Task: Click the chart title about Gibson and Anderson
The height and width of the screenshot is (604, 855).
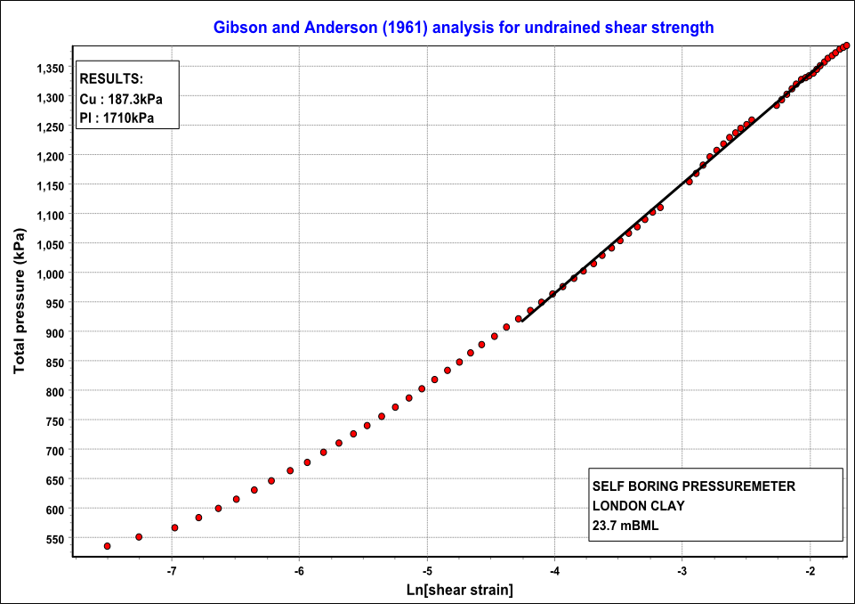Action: (x=464, y=27)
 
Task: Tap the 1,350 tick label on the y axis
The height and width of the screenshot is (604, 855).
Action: (x=49, y=68)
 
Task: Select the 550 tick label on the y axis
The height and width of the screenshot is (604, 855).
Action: (x=55, y=539)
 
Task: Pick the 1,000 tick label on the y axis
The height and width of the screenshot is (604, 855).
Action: (x=49, y=273)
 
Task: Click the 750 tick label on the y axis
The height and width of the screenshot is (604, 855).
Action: (x=55, y=421)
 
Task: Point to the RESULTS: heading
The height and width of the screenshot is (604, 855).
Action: (x=111, y=79)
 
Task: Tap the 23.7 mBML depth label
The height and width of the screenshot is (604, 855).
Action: (x=625, y=525)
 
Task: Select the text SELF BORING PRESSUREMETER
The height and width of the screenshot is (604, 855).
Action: (x=694, y=486)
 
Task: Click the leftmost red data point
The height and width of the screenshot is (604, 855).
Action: (x=108, y=546)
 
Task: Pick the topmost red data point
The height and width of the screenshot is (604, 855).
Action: (x=846, y=45)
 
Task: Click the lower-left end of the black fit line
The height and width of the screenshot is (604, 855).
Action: (x=522, y=320)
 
